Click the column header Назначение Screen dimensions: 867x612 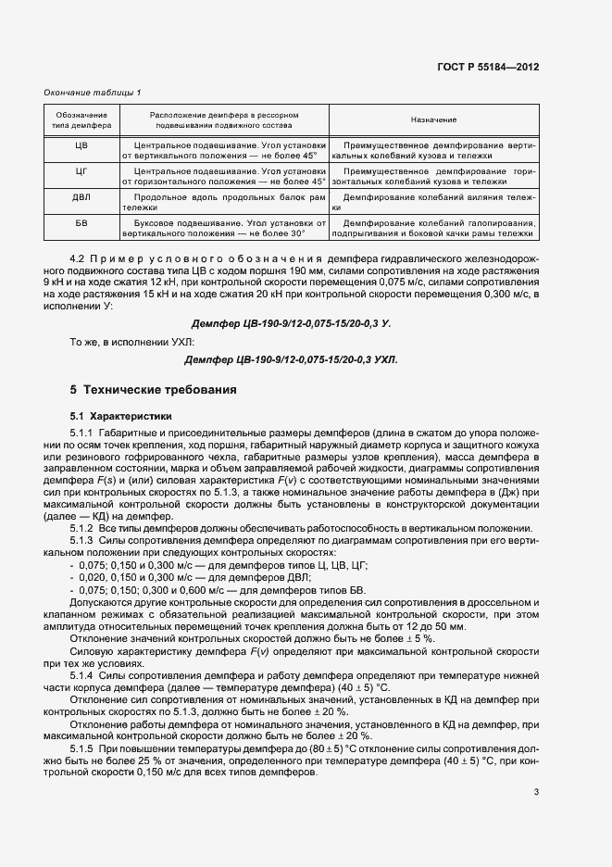433,120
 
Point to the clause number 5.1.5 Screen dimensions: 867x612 82,747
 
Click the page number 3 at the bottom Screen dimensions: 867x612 536,792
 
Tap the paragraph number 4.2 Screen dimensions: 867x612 78,255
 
